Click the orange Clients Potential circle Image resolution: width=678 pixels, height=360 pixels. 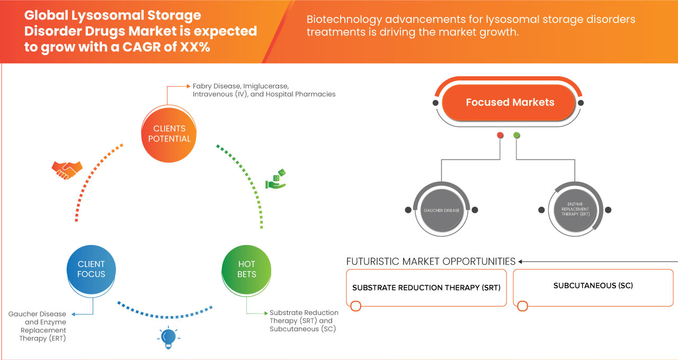(x=169, y=133)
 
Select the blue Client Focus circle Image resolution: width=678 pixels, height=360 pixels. (x=91, y=269)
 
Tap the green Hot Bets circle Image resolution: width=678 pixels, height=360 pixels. (x=246, y=269)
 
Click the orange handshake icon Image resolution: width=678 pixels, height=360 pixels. (x=67, y=169)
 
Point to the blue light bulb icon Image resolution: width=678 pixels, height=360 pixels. (x=168, y=337)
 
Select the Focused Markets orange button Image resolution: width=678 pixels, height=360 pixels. (x=510, y=102)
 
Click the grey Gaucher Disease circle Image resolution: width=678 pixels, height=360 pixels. (x=441, y=210)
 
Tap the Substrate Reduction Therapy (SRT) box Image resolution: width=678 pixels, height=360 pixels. (x=426, y=287)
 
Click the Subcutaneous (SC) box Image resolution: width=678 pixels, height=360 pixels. (x=593, y=286)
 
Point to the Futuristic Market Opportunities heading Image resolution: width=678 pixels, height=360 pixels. (x=431, y=262)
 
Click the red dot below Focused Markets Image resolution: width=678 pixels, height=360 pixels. (x=500, y=136)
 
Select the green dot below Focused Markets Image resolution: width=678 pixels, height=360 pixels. (x=517, y=136)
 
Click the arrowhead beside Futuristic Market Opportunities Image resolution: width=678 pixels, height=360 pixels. (x=521, y=262)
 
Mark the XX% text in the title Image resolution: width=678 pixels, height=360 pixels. (x=194, y=47)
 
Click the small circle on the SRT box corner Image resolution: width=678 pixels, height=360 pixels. (x=355, y=306)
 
